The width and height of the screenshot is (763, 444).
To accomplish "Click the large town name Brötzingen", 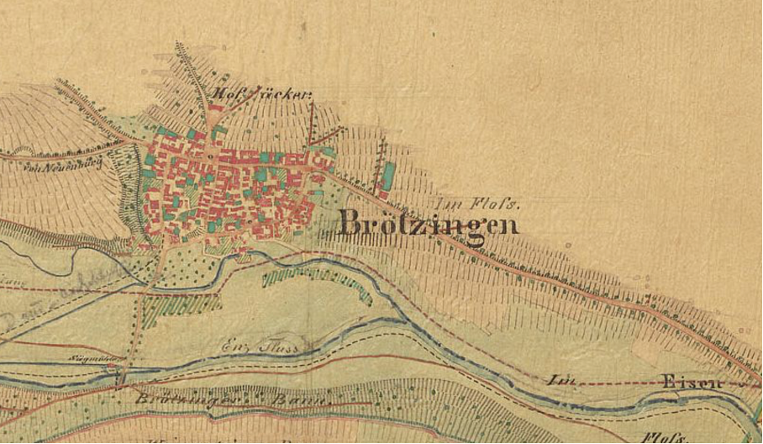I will (428, 224).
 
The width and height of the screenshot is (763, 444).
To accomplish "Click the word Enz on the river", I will (237, 343).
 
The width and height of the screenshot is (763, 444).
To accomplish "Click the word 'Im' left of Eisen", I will (557, 379).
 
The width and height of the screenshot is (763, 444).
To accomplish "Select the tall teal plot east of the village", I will (387, 177).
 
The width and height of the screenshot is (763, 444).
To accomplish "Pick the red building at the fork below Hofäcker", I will (216, 108).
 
